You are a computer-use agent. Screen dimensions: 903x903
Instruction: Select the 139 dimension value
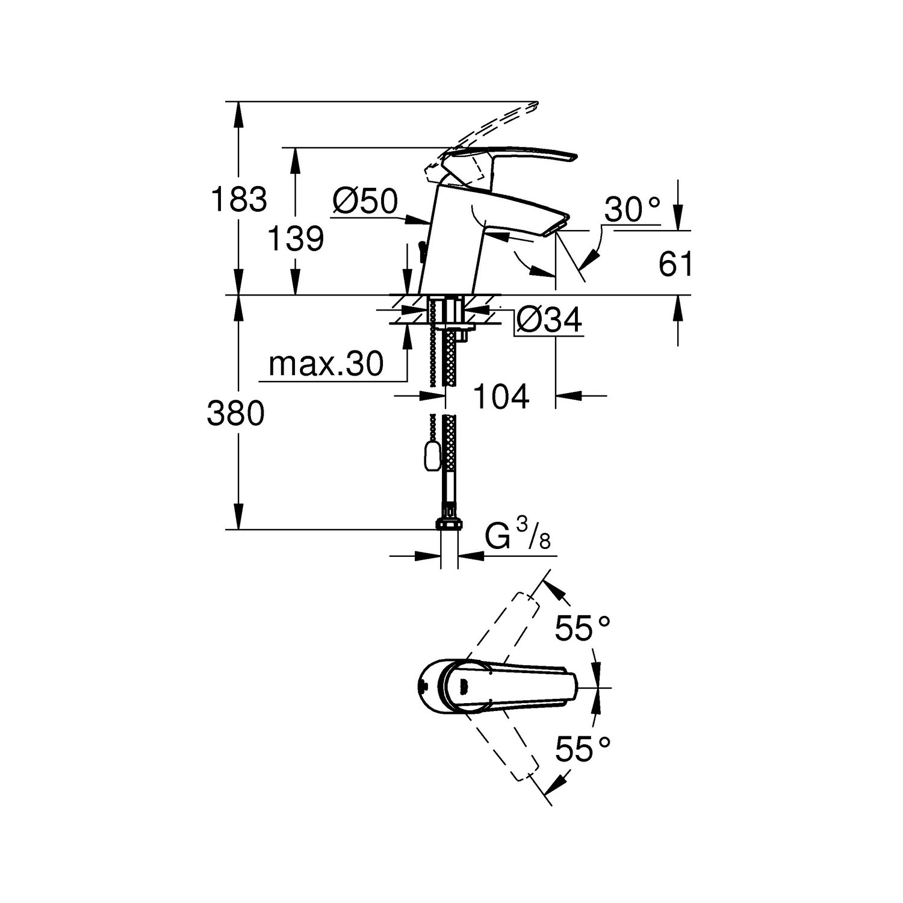point(296,239)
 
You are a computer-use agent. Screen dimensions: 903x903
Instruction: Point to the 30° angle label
point(632,210)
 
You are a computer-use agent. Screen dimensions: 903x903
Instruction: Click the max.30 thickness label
point(326,364)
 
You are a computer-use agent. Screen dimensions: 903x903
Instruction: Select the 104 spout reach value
point(501,396)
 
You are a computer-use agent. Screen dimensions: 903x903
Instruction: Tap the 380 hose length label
point(235,414)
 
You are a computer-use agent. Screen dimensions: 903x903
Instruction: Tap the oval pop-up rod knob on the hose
point(433,455)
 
